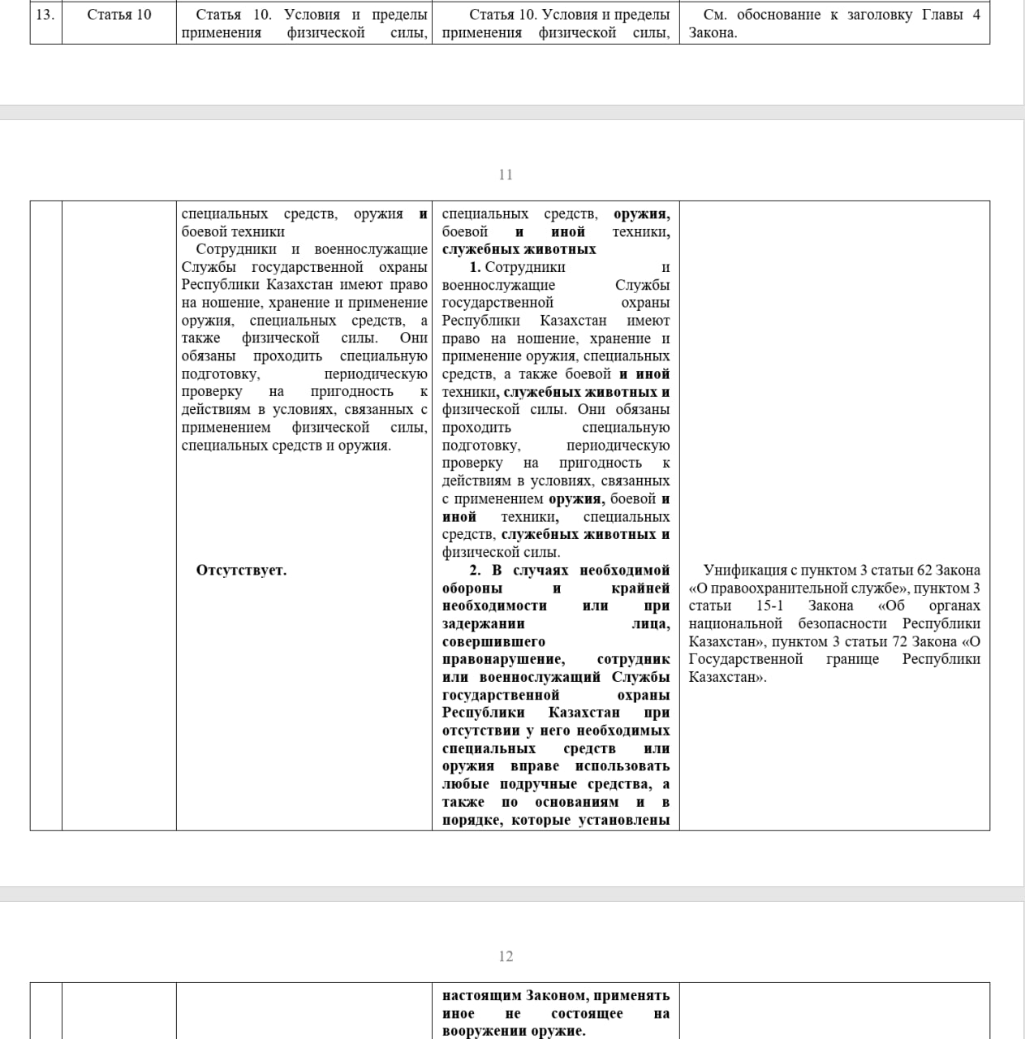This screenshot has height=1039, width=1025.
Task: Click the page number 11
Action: coord(506,175)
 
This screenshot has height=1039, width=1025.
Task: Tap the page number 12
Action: coord(506,956)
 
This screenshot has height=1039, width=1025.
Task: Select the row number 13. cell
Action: coord(45,15)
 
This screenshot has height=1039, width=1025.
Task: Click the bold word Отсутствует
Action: coord(241,570)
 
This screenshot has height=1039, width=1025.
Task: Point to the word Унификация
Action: coord(739,570)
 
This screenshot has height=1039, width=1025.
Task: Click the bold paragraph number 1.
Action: coord(475,267)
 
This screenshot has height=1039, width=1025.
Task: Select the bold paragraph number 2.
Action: coord(475,570)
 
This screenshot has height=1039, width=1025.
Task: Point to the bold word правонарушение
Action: coord(503,659)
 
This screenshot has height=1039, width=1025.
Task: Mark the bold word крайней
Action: coord(640,588)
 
